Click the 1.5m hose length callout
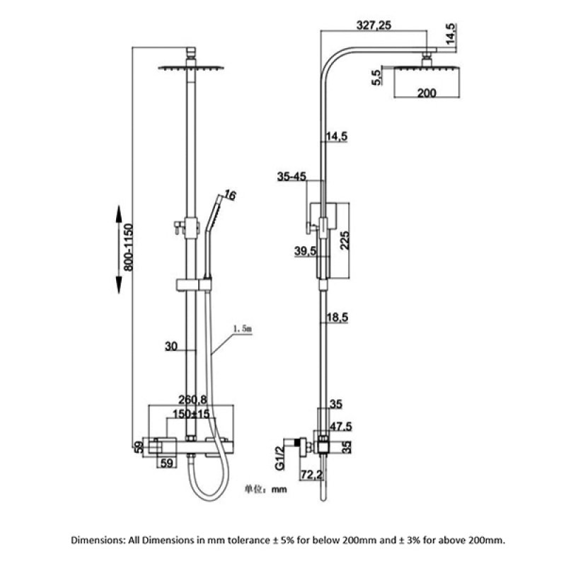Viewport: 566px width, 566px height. pos(243,329)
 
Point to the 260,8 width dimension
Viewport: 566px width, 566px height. pos(192,400)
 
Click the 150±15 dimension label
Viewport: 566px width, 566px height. pos(192,414)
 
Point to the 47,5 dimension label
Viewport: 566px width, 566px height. pos(342,427)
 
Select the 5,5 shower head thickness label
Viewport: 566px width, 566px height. pos(376,76)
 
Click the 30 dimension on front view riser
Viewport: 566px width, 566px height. pos(170,347)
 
